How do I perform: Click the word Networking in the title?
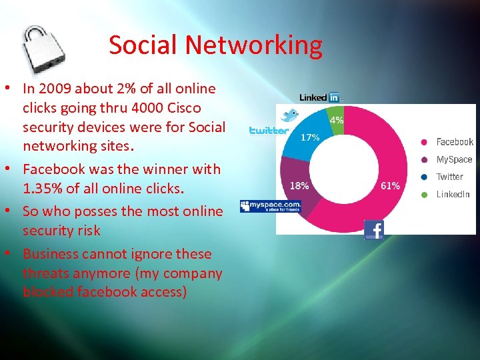253,45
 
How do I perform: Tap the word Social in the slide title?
143,45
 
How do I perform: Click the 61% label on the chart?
390,186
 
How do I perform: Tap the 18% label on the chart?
298,185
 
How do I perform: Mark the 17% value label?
309,137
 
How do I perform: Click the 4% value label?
337,121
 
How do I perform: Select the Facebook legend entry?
454,142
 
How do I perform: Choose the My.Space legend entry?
454,159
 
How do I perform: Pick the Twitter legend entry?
449,177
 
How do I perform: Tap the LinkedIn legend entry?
453,194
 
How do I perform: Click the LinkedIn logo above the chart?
320,97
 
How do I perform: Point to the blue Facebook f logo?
374,230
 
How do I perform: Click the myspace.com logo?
271,206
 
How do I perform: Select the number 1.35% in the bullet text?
45,189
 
